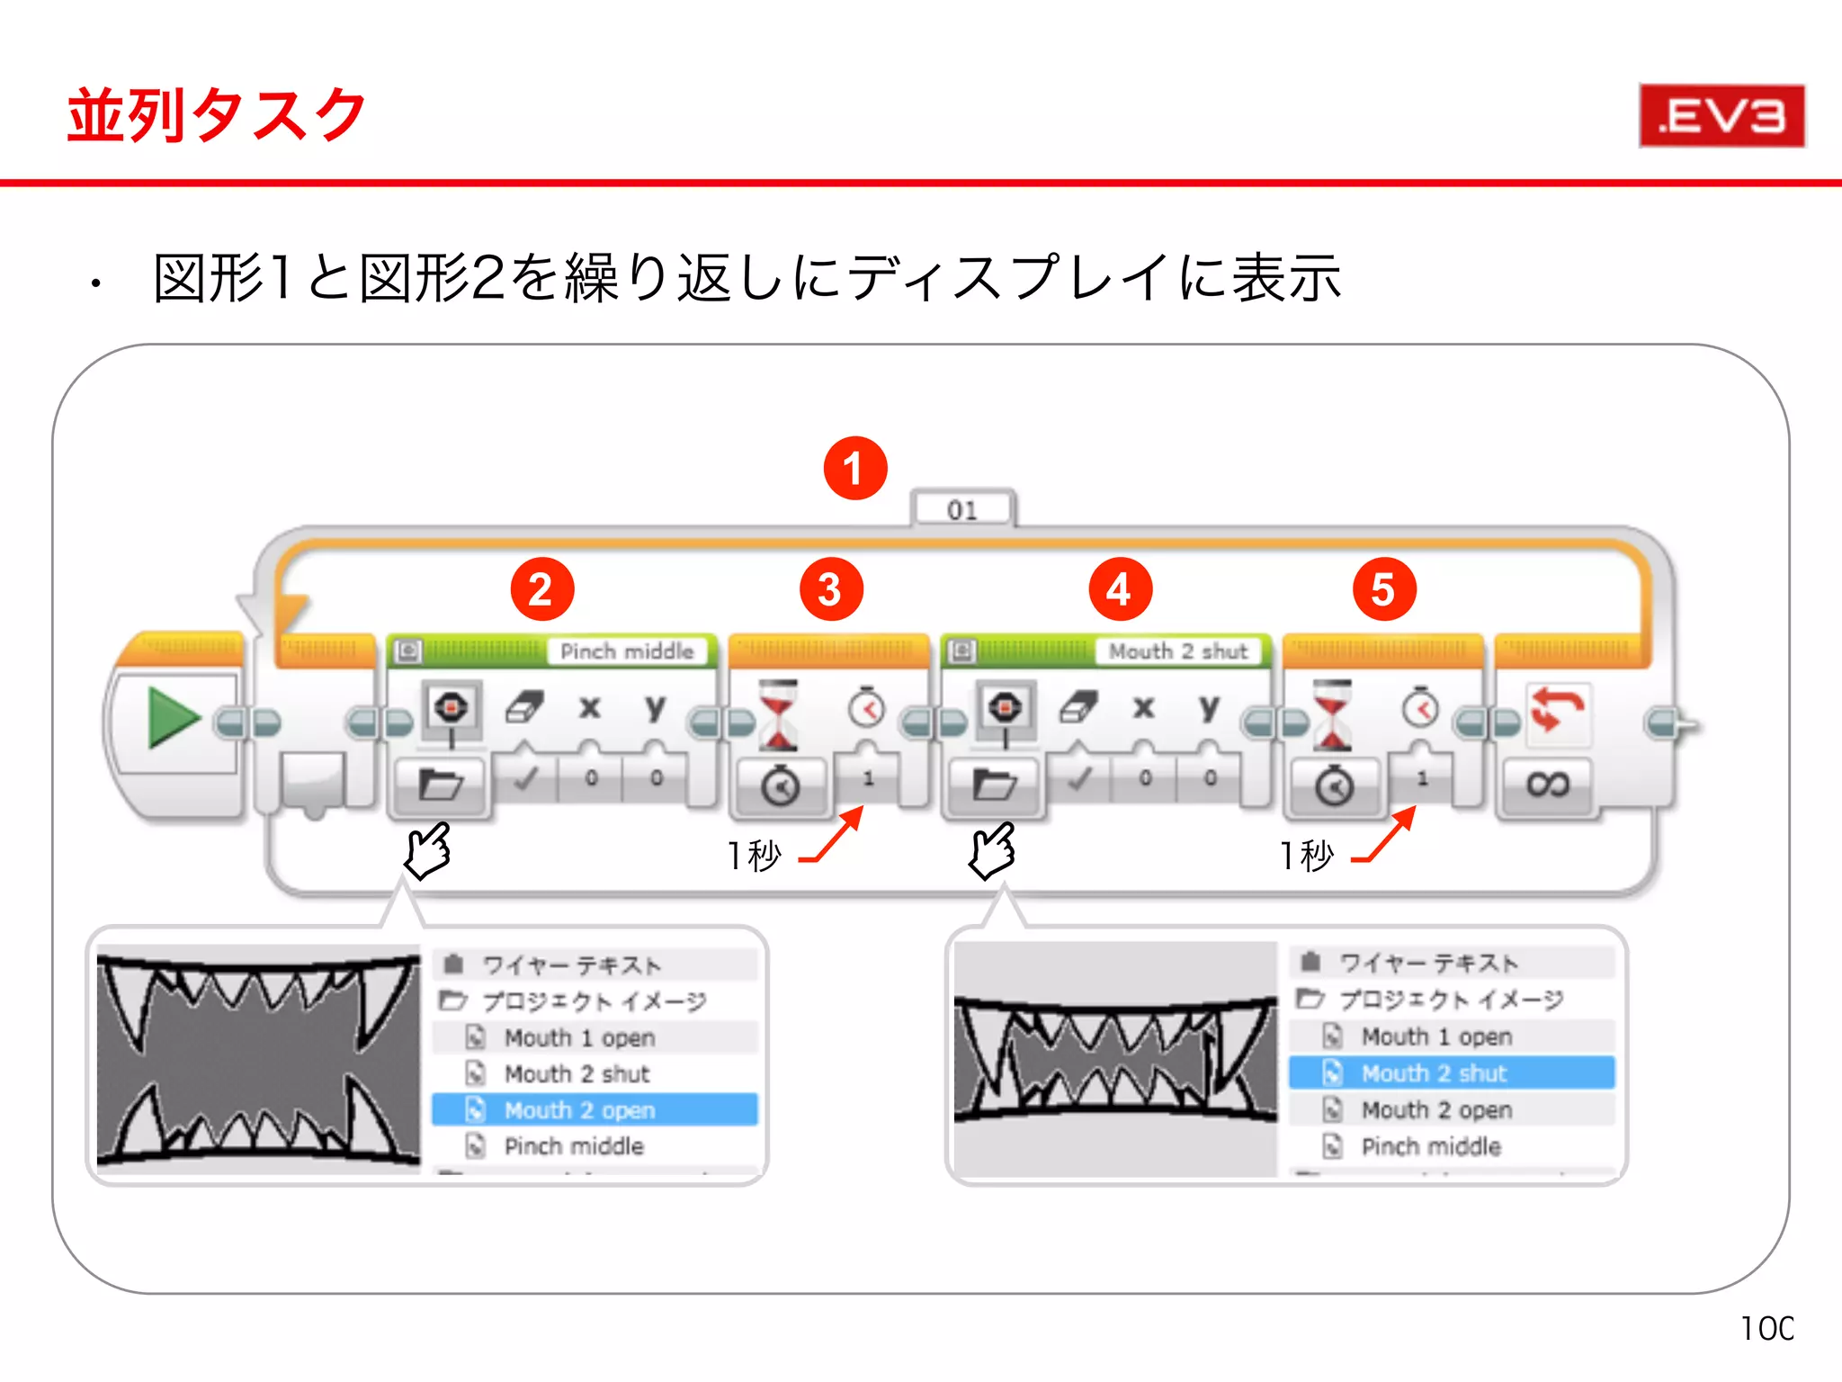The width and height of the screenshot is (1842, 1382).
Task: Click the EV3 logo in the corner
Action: (1721, 116)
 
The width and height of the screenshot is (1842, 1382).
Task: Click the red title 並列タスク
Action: (217, 116)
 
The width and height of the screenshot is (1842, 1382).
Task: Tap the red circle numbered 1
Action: (854, 469)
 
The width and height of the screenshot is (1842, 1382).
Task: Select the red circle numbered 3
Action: (830, 589)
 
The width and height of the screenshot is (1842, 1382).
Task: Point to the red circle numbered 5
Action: (1383, 589)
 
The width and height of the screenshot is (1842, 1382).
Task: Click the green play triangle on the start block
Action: (172, 717)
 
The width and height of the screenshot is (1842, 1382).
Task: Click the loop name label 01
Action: (961, 510)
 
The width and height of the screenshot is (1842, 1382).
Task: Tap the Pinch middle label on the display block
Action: (627, 651)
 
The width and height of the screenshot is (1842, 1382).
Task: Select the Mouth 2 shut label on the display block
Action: (1178, 651)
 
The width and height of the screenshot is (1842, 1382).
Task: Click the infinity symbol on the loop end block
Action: (1547, 785)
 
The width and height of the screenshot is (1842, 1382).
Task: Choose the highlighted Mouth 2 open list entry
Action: (595, 1110)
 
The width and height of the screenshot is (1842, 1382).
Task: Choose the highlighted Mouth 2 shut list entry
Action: (1451, 1073)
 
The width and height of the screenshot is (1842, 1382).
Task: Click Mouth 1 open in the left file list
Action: (579, 1037)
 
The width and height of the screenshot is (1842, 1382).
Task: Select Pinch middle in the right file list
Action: (1431, 1146)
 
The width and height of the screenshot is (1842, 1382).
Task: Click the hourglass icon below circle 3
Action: (779, 715)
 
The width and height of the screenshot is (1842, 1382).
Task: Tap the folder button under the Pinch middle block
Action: (440, 785)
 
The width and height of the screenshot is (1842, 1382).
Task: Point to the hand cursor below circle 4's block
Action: (991, 850)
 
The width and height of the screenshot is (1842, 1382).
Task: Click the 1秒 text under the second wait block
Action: (1307, 856)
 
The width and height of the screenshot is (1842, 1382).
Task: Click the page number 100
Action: (1766, 1329)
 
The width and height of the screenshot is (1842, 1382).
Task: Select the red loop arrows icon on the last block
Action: (1557, 710)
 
